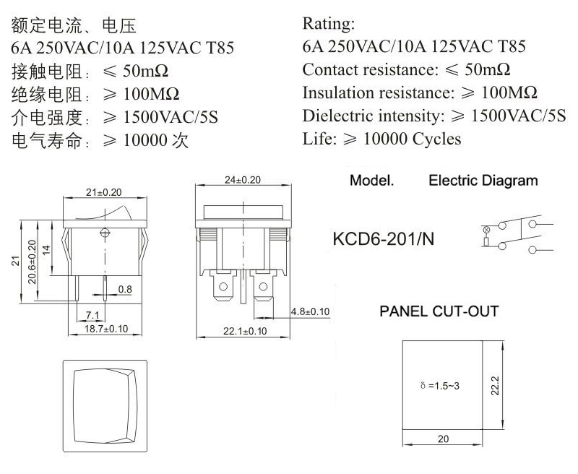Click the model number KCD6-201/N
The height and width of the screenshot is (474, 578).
(384, 239)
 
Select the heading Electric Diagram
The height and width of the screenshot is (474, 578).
(483, 181)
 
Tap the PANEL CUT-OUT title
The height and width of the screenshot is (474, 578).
(439, 311)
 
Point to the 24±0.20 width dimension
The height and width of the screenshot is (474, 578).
(243, 180)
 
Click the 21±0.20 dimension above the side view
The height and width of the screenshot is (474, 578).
(103, 192)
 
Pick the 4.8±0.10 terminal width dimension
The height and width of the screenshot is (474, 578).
(311, 312)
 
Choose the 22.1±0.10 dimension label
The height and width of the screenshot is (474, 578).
(245, 331)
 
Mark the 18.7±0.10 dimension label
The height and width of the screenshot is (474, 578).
(106, 329)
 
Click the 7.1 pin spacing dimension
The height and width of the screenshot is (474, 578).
(92, 316)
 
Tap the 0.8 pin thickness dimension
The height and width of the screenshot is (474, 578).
(125, 289)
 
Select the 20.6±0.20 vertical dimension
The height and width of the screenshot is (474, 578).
(33, 262)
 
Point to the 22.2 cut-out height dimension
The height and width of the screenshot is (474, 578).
(495, 386)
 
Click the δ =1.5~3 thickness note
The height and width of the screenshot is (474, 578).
(440, 386)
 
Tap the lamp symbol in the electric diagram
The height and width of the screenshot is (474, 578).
(486, 230)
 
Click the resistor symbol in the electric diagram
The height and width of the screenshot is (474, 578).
(486, 242)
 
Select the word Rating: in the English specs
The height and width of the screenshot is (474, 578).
(329, 24)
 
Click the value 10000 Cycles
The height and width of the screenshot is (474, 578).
(412, 139)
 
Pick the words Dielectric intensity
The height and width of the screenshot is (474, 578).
(374, 116)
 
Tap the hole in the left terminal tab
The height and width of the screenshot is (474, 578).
(223, 286)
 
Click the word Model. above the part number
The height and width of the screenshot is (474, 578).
(371, 181)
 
